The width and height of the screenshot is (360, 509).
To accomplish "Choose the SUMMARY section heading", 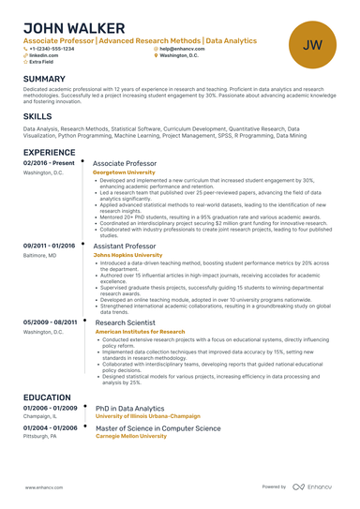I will click(x=44, y=79).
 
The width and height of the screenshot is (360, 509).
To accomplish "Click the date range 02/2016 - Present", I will click(x=50, y=163).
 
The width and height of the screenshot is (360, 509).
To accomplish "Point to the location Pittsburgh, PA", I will click(x=40, y=437).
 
